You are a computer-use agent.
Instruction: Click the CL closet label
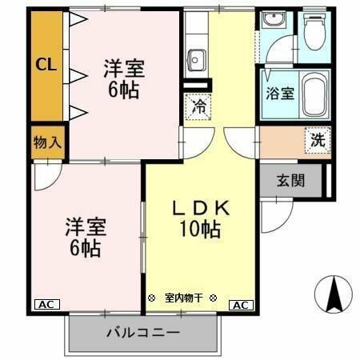coord(46,65)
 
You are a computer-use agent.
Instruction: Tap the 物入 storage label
coord(46,144)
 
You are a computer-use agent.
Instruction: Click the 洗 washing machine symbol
coord(318,138)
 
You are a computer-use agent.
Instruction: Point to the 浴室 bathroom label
coord(279,92)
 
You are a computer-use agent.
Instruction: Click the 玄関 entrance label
coord(290,180)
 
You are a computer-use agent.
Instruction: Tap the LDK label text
coord(202,208)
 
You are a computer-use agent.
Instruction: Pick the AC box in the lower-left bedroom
coord(46,305)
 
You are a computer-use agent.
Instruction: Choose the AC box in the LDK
coord(241,305)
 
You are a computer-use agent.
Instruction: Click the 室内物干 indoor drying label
coord(183,298)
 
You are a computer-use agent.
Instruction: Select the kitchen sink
coord(197,58)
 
